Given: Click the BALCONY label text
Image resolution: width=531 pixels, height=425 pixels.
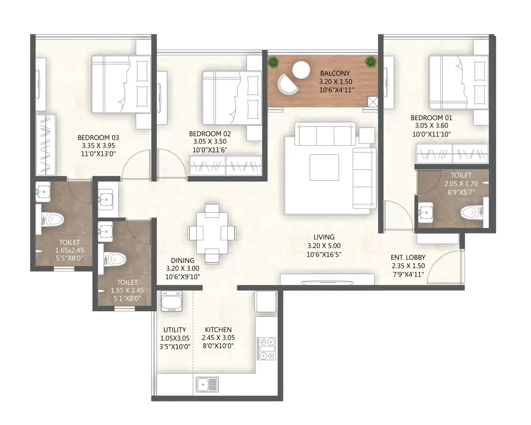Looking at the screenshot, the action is [x=335, y=73].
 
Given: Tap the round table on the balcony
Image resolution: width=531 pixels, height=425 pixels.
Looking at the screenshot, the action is [x=301, y=70].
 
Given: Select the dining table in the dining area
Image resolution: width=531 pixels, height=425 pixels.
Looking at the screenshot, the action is [x=212, y=233].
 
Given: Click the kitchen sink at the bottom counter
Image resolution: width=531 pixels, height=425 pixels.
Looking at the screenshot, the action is [x=207, y=384].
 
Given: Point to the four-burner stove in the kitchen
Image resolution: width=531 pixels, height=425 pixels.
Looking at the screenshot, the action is [x=267, y=348].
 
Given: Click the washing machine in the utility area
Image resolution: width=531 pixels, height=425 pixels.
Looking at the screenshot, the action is [x=171, y=301].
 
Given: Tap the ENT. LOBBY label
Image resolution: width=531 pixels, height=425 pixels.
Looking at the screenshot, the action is [x=408, y=257].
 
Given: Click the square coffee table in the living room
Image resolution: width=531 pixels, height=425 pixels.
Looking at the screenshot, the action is [x=324, y=168].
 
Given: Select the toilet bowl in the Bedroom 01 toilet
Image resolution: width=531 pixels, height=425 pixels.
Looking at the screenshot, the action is [x=471, y=212].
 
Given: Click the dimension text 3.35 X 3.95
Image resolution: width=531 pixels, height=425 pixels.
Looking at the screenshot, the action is [x=98, y=146].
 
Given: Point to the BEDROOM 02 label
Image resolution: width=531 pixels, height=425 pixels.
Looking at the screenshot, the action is [x=210, y=134].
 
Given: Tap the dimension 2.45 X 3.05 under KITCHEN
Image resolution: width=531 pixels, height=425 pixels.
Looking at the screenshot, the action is [x=218, y=338].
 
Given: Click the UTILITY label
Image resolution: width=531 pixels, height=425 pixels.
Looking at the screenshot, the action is [x=175, y=330].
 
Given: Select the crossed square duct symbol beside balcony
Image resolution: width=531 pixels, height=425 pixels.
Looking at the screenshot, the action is [x=373, y=102].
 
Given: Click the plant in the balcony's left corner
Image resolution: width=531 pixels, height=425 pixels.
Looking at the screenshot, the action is [x=273, y=62].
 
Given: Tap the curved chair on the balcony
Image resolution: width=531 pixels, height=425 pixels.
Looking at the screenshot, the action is [x=288, y=84].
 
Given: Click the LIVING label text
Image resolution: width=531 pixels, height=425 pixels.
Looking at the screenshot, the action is [x=324, y=237].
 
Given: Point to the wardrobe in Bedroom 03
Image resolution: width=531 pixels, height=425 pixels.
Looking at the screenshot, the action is [x=46, y=145].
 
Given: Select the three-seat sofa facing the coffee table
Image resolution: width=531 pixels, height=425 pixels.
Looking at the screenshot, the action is [x=325, y=134].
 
